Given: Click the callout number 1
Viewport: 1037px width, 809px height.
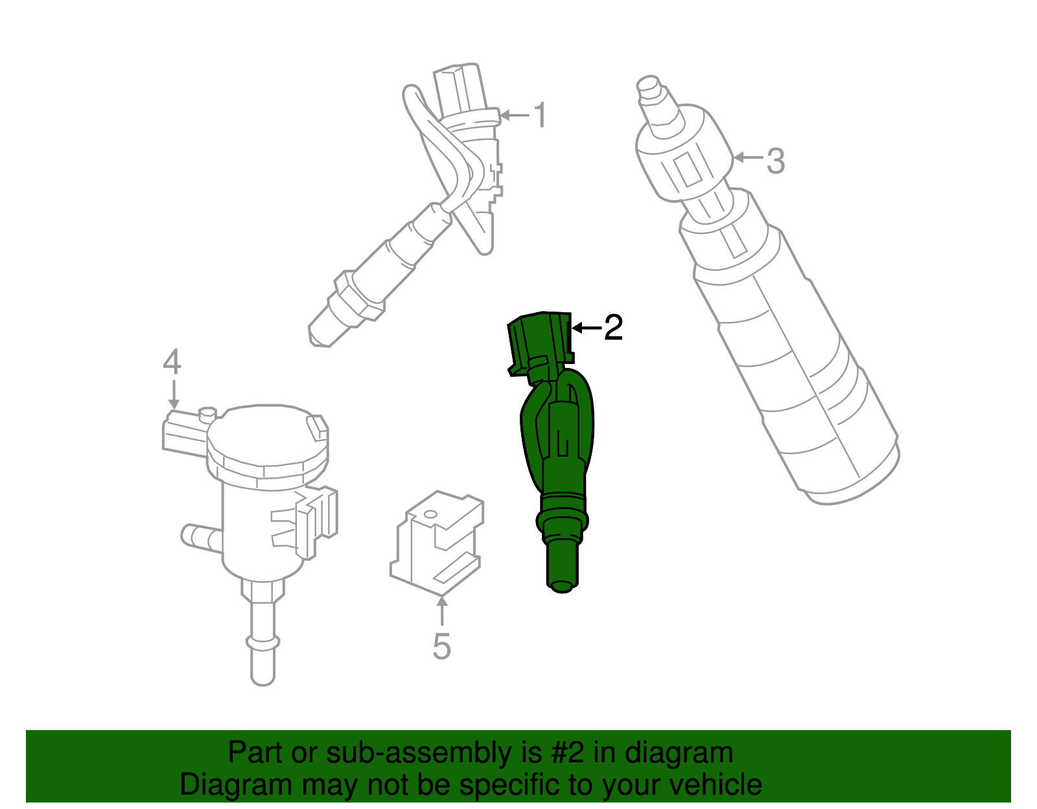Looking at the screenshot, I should pos(540,115).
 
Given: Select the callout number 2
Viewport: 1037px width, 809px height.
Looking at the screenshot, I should pos(612,328).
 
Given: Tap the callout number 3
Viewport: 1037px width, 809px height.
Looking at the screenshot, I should pos(775,160).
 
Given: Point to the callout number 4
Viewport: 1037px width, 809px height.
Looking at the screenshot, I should pos(172,363).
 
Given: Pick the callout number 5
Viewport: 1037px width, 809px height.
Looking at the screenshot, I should pos(441,646).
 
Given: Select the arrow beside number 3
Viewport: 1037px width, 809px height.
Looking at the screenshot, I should pos(748,157).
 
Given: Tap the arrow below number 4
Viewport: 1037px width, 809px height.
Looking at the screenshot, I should pos(173,394).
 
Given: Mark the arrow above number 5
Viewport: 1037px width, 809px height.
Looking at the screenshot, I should pos(442,611).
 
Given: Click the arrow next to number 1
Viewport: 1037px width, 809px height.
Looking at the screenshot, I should pos(515,116).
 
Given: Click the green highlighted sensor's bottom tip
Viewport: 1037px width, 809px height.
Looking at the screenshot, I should pos(561,586).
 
